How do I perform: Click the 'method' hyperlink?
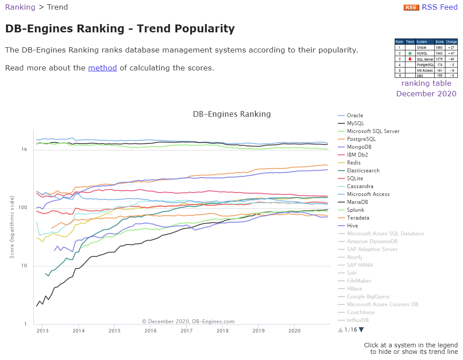click(102, 68)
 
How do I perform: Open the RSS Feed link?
click(439, 7)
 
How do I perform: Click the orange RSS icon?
click(411, 7)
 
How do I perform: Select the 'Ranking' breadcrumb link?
click(20, 7)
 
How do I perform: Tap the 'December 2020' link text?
click(426, 94)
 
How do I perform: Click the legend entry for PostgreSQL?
click(361, 139)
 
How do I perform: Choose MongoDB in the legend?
click(359, 147)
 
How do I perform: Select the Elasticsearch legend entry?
click(363, 171)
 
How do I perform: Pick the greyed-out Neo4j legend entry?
click(355, 257)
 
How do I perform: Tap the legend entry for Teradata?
click(358, 218)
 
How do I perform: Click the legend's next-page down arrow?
click(361, 330)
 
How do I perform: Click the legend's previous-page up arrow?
click(340, 330)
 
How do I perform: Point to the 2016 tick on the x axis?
click(150, 330)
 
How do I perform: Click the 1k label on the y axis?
click(25, 150)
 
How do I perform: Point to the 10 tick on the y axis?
click(25, 266)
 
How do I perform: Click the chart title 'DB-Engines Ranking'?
click(231, 114)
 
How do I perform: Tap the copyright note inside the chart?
click(188, 322)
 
